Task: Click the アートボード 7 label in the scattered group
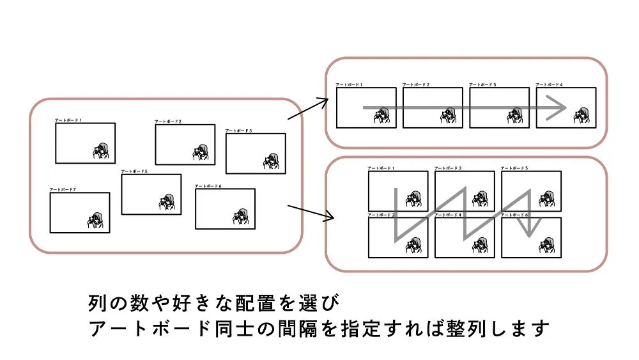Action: pyautogui.click(x=63, y=190)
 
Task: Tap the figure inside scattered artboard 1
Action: pyautogui.click(x=102, y=152)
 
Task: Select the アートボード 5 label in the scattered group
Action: pyautogui.click(x=134, y=171)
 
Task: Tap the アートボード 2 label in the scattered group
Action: pyautogui.click(x=168, y=121)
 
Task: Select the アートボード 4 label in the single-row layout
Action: pyautogui.click(x=549, y=84)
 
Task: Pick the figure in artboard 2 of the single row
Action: pyautogui.click(x=447, y=115)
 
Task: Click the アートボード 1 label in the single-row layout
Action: pyautogui.click(x=350, y=84)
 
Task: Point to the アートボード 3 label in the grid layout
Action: pyautogui.click(x=448, y=168)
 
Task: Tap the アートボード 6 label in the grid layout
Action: pyautogui.click(x=514, y=215)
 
